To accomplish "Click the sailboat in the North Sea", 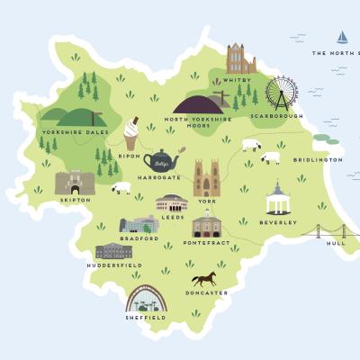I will tap(342, 37).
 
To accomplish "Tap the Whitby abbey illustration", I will tap(240, 59).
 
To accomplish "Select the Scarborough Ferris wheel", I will tap(282, 94).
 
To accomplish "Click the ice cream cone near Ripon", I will tap(132, 134).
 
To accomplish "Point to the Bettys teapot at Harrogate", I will tap(160, 163).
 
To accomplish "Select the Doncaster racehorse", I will tap(203, 278).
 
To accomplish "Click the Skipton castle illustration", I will tap(74, 183).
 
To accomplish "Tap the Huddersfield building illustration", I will tap(113, 251).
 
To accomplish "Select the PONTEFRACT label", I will tap(206, 243).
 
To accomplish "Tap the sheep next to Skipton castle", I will tap(121, 188).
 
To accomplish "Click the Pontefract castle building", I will tap(206, 225).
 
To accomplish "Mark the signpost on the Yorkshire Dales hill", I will tap(94, 118).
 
